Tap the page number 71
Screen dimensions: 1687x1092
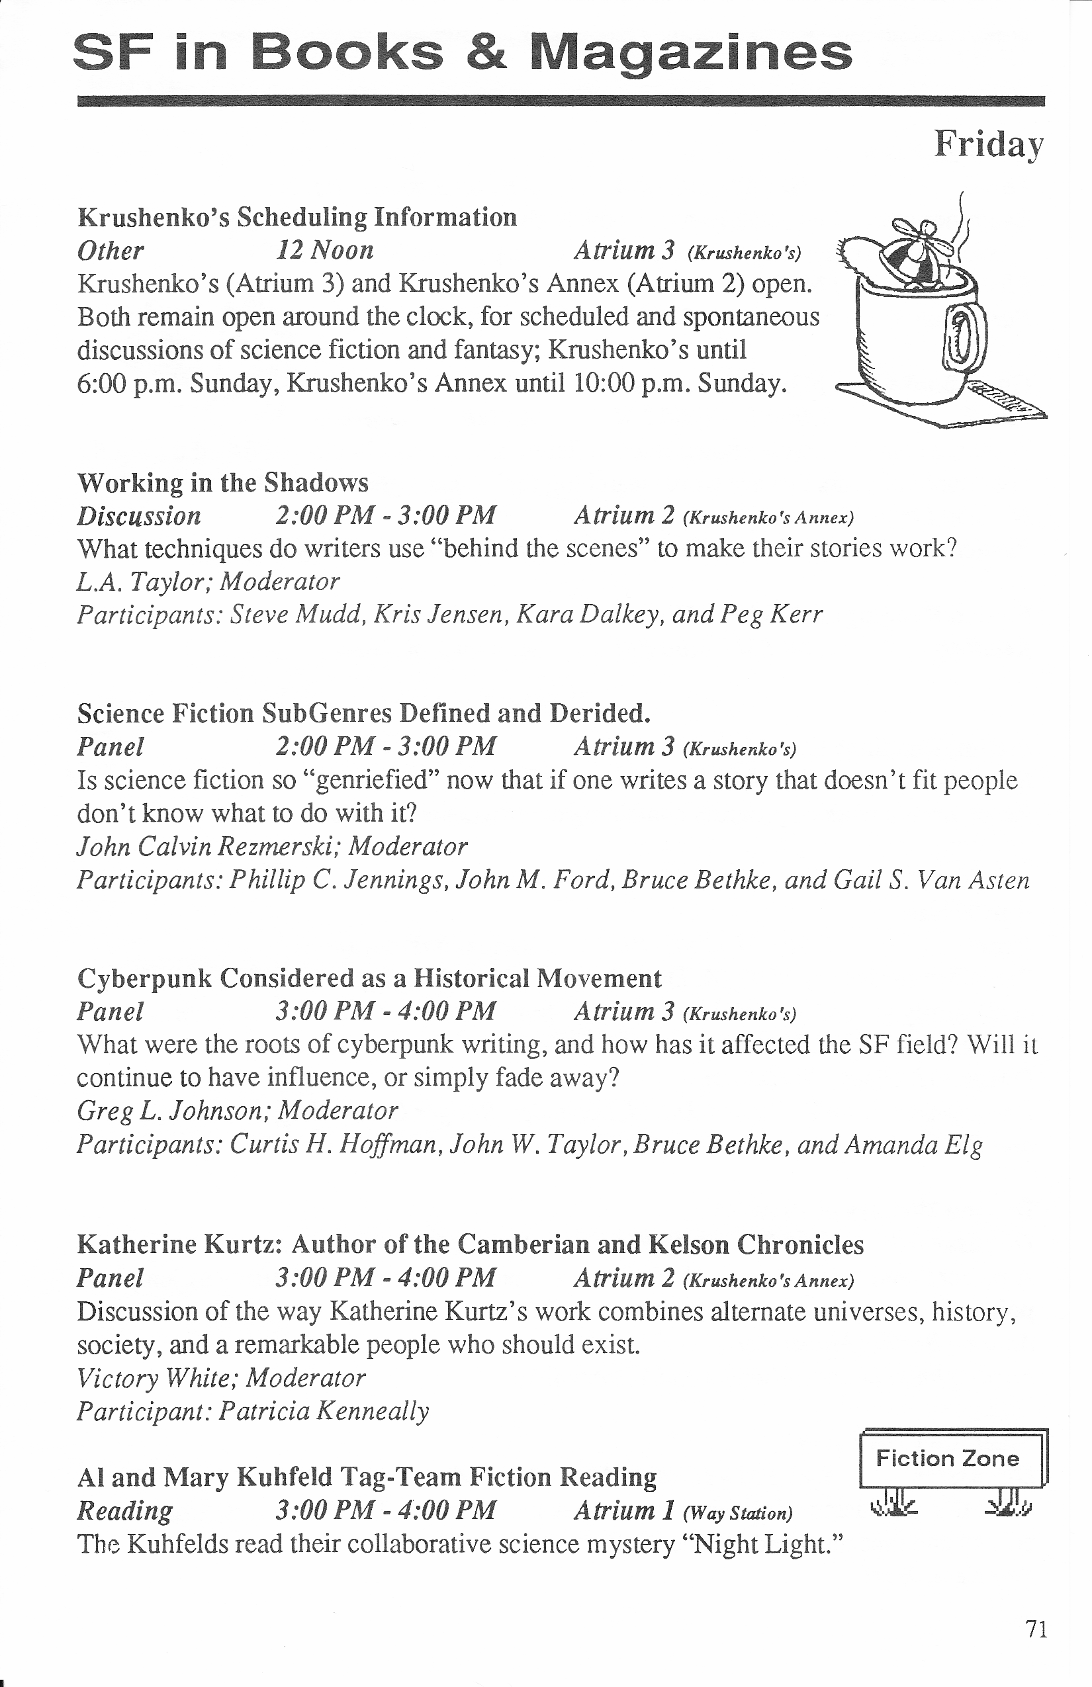[x=1036, y=1629]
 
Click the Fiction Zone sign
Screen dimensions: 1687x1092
[x=947, y=1458]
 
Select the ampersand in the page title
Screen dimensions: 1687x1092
[x=486, y=52]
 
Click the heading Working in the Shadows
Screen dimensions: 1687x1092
[x=222, y=483]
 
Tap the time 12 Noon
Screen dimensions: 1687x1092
[x=324, y=250]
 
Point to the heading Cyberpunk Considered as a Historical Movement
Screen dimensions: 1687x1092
[x=369, y=978]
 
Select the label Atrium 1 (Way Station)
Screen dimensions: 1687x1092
[x=683, y=1511]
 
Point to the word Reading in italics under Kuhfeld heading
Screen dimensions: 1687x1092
[x=124, y=1511]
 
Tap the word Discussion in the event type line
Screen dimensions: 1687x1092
[x=139, y=516]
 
